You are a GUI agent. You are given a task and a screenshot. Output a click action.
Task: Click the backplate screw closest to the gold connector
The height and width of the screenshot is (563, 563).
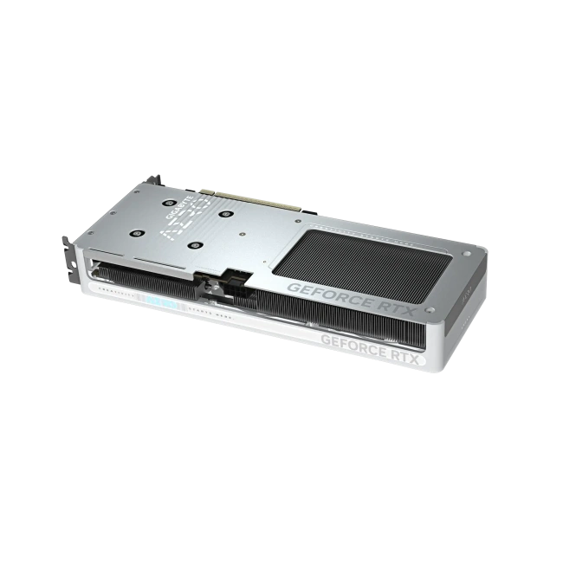[x=227, y=212]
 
